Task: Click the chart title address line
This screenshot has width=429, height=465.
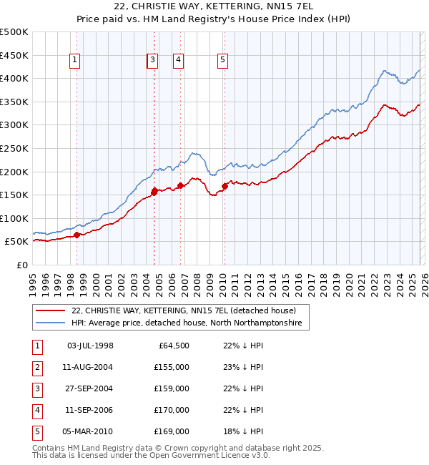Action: pyautogui.click(x=214, y=6)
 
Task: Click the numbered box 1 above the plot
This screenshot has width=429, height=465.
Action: pyautogui.click(x=75, y=61)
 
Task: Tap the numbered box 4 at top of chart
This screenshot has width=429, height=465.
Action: pyautogui.click(x=177, y=61)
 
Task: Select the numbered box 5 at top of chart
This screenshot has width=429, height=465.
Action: pyautogui.click(x=223, y=61)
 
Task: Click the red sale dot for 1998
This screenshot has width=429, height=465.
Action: pyautogui.click(x=77, y=235)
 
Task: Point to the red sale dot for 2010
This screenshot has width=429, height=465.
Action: pyautogui.click(x=225, y=186)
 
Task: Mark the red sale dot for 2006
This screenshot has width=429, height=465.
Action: pyautogui.click(x=180, y=185)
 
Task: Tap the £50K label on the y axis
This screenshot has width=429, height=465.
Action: pyautogui.click(x=16, y=242)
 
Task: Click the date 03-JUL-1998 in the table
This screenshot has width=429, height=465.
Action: pyautogui.click(x=89, y=346)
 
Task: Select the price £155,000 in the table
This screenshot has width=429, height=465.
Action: pyautogui.click(x=172, y=367)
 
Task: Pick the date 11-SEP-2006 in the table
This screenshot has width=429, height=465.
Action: pyautogui.click(x=89, y=410)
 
